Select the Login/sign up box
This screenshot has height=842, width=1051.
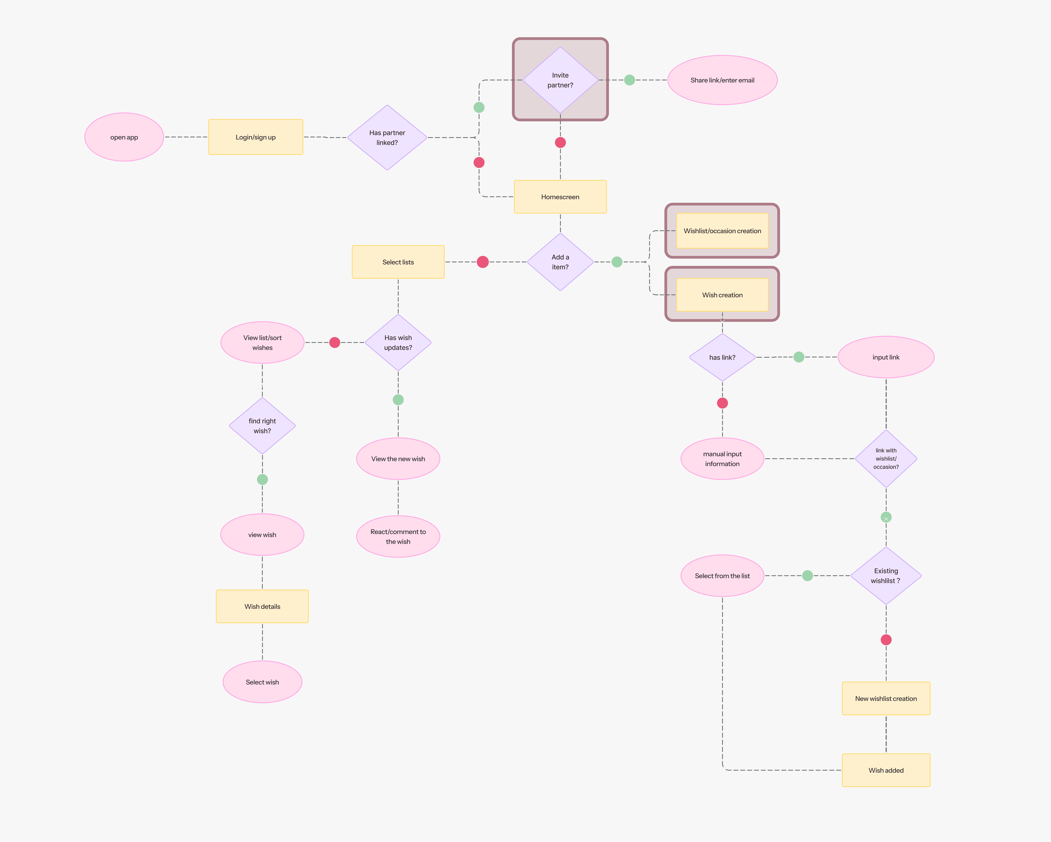(255, 137)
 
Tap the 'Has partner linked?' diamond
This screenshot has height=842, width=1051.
(387, 138)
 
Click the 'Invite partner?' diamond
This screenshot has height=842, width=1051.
(560, 80)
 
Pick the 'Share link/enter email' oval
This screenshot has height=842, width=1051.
(722, 80)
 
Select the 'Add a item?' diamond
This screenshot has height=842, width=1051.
(560, 262)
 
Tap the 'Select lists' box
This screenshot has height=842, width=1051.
(398, 262)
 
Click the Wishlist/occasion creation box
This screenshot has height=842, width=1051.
(722, 231)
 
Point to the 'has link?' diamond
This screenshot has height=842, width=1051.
(722, 357)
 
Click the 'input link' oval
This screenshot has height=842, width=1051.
(886, 357)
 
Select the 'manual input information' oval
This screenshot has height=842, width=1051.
(722, 459)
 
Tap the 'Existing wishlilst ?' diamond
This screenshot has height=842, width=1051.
(886, 576)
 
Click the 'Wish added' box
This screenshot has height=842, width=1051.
(886, 770)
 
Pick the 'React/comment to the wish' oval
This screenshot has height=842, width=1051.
(398, 536)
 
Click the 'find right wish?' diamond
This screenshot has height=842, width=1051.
(262, 426)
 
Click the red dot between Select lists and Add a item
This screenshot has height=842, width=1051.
(483, 262)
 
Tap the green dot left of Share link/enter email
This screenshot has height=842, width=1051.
(629, 80)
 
